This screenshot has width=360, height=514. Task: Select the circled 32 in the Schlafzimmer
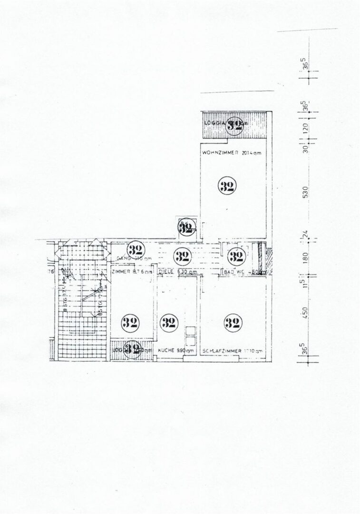click(232, 323)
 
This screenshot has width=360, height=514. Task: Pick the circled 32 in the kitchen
click(167, 323)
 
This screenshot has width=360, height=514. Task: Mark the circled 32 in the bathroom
click(235, 257)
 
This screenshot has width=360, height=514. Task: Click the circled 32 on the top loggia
click(234, 125)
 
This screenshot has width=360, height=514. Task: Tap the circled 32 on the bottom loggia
click(133, 349)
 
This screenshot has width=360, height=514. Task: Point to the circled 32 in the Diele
click(181, 257)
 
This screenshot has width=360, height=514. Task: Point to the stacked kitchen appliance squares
click(190, 337)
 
